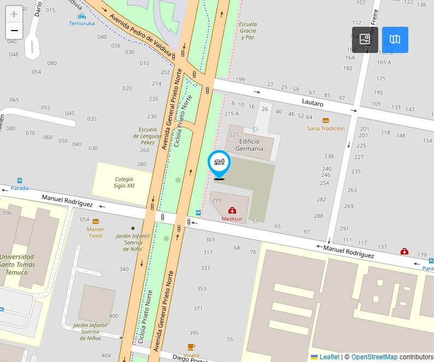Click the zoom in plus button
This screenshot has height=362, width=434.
(14, 14)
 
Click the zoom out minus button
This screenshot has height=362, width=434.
(14, 31)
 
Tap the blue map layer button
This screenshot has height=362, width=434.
(395, 40)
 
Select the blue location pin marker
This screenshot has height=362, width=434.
(219, 162)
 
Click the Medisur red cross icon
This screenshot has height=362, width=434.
(232, 210)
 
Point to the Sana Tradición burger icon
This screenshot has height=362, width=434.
(326, 120)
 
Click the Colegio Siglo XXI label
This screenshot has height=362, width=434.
(124, 182)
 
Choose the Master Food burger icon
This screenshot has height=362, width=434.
(96, 222)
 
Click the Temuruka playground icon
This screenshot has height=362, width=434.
(81, 16)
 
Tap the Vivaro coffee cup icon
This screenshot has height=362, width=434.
(191, 347)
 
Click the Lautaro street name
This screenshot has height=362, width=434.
(313, 103)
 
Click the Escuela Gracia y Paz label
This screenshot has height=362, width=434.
(247, 31)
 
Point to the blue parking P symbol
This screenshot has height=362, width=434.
(255, 130)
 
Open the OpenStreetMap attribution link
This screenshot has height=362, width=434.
(374, 357)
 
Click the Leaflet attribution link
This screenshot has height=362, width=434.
(329, 357)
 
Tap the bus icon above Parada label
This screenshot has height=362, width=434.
(20, 181)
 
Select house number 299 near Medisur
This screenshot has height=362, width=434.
(216, 200)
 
